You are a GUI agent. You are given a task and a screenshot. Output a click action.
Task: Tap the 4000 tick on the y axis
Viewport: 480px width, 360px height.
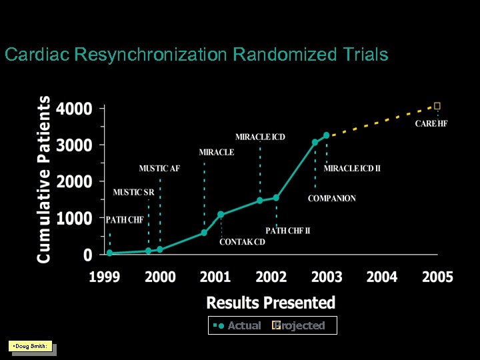coord(74,108)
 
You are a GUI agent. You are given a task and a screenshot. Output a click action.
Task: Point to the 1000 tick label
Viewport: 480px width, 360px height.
coord(74,219)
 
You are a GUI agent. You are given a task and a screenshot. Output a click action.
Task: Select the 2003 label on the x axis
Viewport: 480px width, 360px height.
coord(327,277)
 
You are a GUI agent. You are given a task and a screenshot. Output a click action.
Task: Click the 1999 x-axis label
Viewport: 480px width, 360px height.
coord(105,277)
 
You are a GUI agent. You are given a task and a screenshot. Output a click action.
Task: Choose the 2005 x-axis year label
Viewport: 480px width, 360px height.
coord(437,277)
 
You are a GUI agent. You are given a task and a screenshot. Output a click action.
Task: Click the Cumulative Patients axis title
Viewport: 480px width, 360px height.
coord(44,179)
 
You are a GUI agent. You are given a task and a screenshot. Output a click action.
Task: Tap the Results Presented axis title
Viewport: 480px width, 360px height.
coord(271,303)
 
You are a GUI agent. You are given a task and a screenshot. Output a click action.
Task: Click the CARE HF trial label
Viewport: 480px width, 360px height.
coord(431,123)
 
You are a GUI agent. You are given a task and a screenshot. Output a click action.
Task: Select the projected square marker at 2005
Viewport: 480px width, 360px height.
coord(437,105)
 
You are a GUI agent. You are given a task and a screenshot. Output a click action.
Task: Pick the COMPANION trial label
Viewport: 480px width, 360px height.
coord(332,198)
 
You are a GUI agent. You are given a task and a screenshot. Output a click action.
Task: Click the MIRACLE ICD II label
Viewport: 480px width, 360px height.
coord(352,168)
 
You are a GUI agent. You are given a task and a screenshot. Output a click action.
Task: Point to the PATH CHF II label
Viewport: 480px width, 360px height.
coord(288,231)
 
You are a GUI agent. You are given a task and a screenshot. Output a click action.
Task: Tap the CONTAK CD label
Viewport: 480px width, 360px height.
coord(242,241)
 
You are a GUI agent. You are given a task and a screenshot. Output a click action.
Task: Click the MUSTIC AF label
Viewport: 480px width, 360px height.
coord(159,168)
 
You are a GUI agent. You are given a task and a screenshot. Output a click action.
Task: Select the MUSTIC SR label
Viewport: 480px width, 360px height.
coord(133,193)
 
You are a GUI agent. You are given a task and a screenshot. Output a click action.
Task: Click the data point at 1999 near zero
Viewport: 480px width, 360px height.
coord(110,253)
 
